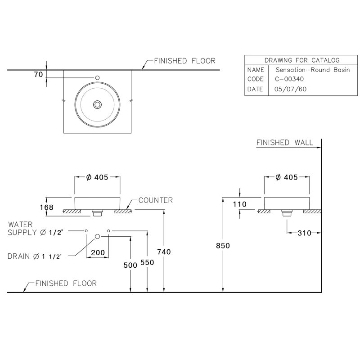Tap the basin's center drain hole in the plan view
pos(97,104)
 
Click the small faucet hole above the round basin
pos(97,78)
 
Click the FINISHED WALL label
pos(285,143)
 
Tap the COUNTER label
pos(155,200)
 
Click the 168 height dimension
pos(46,207)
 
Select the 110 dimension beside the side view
pos(240,204)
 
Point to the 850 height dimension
pos(223,246)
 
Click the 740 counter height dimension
pos(165,252)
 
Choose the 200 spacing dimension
pos(98,253)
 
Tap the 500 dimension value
pos(130,265)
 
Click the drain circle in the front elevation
pos(97,236)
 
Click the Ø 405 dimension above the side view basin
pos(286,178)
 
